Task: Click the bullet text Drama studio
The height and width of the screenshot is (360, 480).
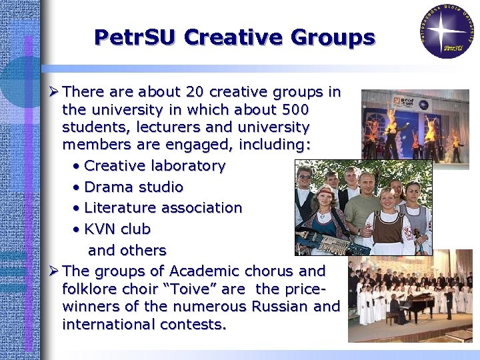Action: [133, 187]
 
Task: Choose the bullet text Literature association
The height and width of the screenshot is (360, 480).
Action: [163, 208]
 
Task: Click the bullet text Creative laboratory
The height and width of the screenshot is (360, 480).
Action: [155, 165]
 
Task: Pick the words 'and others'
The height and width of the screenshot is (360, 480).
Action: [127, 251]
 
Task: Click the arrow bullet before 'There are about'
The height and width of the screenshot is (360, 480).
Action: [55, 91]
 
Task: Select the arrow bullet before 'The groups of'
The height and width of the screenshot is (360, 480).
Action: [55, 271]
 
